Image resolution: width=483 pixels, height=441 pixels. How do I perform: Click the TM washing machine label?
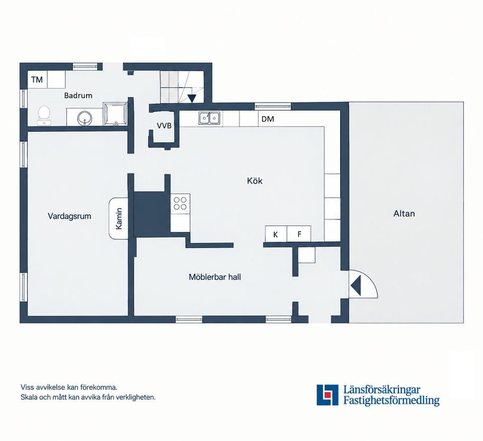coord(37,80)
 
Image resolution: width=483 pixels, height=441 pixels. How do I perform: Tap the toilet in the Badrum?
coord(44,116)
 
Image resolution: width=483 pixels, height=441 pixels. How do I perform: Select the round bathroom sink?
coord(84,118)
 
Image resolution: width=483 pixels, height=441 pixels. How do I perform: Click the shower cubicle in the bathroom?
coord(115,114)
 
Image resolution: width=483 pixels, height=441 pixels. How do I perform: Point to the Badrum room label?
coord(78,96)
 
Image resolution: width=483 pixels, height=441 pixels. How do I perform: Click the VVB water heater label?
coord(164,126)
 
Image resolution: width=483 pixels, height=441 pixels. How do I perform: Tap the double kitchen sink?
coord(209,119)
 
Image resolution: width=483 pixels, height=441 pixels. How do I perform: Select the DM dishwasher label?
coord(268,119)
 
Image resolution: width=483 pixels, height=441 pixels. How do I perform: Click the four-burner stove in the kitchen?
coord(180,203)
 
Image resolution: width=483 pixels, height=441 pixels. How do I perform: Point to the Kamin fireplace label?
coord(119,219)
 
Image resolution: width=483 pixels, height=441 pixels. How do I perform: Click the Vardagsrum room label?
coord(69,216)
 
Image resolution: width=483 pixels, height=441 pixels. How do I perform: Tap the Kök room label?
coord(255,181)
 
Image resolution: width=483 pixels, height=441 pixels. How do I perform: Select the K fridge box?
coord(276,234)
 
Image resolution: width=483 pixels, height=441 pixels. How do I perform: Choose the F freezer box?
coord(299,234)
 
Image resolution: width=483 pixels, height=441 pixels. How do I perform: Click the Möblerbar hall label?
coord(215,277)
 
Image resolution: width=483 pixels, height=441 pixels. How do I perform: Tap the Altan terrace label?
coord(404,213)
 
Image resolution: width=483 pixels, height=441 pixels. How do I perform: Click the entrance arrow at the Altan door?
coord(356,285)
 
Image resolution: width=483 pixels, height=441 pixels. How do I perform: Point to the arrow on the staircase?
coord(192,98)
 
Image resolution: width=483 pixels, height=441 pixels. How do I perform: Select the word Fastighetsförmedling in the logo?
coord(391,400)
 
